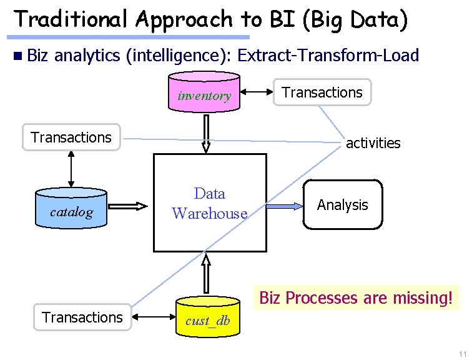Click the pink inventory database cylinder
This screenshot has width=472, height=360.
coord(204,92)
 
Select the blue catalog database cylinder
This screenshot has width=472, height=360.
coord(71,208)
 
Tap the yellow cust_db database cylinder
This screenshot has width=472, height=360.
coord(208,317)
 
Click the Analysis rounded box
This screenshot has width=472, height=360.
coord(343,204)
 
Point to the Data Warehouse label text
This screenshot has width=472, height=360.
coord(210,203)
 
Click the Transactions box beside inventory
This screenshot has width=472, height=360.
coord(322,92)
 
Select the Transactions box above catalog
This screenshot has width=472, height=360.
coord(71,137)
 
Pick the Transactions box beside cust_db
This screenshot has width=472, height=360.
coord(82,317)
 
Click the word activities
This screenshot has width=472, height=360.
coord(373,143)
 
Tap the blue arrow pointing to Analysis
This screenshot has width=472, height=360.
coord(285,206)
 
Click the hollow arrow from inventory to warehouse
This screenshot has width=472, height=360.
coord(206,134)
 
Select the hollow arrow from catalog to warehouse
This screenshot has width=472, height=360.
coord(127,206)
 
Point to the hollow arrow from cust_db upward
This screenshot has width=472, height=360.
coord(206,274)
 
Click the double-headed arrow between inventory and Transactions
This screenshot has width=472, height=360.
coord(257,92)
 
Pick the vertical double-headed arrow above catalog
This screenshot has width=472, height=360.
coord(71,169)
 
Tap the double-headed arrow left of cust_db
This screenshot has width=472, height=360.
coord(154,317)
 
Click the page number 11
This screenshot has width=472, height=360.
coord(463,354)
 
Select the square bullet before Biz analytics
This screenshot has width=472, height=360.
coord(17,56)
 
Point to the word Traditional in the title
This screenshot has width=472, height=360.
coord(71,19)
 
